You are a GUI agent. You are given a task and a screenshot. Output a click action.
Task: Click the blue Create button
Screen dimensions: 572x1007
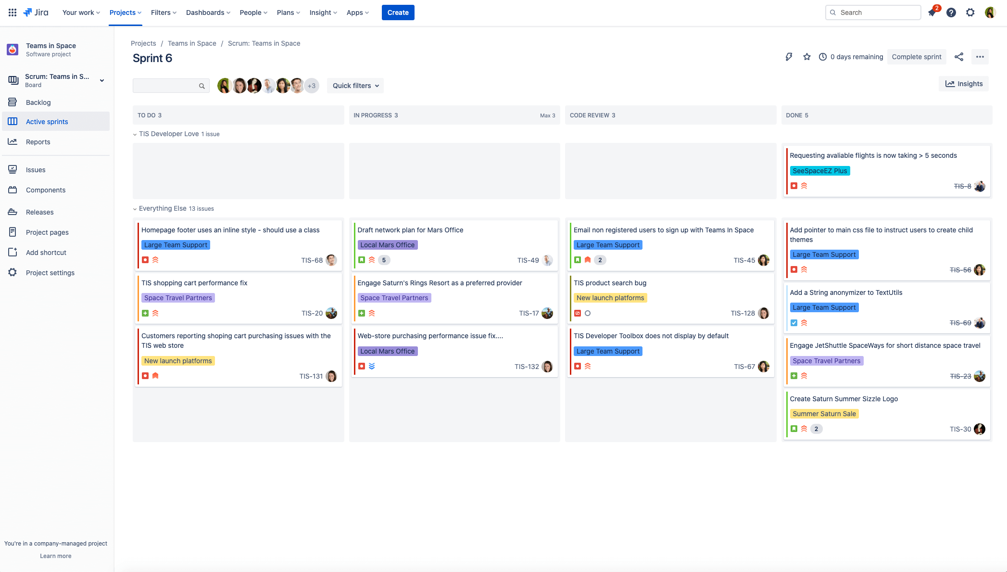pyautogui.click(x=398, y=13)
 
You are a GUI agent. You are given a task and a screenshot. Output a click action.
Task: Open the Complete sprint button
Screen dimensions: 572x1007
pyautogui.click(x=916, y=57)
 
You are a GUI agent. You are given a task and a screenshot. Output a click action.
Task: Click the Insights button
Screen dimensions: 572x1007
pyautogui.click(x=964, y=84)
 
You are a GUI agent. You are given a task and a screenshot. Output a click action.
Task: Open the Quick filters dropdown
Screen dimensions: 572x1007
pyautogui.click(x=355, y=86)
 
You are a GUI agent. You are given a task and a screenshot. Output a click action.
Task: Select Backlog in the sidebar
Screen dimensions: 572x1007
pyautogui.click(x=38, y=102)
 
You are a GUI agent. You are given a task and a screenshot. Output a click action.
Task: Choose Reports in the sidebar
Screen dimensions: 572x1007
pyautogui.click(x=38, y=142)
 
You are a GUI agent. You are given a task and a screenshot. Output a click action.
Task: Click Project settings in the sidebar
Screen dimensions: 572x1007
pyautogui.click(x=50, y=273)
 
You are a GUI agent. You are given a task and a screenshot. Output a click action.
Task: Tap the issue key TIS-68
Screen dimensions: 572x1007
pyautogui.click(x=312, y=260)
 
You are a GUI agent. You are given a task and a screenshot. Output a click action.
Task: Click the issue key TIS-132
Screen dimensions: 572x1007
pyautogui.click(x=527, y=367)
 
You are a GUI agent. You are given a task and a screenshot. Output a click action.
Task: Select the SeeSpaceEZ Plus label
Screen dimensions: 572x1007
pyautogui.click(x=819, y=171)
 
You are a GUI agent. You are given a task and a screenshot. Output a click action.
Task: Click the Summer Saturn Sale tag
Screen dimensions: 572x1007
pyautogui.click(x=824, y=414)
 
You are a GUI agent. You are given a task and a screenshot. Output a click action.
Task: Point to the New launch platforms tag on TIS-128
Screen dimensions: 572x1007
pyautogui.click(x=610, y=298)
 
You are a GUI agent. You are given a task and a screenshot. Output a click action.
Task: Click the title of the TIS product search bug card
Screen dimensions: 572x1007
pyautogui.click(x=610, y=283)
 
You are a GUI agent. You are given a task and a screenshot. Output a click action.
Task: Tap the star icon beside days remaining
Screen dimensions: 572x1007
pyautogui.click(x=807, y=57)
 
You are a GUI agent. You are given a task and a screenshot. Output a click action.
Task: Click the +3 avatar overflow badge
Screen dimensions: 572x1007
pyautogui.click(x=312, y=86)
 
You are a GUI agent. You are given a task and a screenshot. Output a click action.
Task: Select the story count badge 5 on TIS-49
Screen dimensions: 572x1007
pyautogui.click(x=384, y=260)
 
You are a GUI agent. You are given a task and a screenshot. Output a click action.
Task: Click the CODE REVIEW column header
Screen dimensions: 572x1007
pyautogui.click(x=592, y=115)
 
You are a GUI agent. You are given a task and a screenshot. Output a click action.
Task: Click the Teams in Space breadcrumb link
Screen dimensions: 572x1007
pyautogui.click(x=192, y=43)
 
